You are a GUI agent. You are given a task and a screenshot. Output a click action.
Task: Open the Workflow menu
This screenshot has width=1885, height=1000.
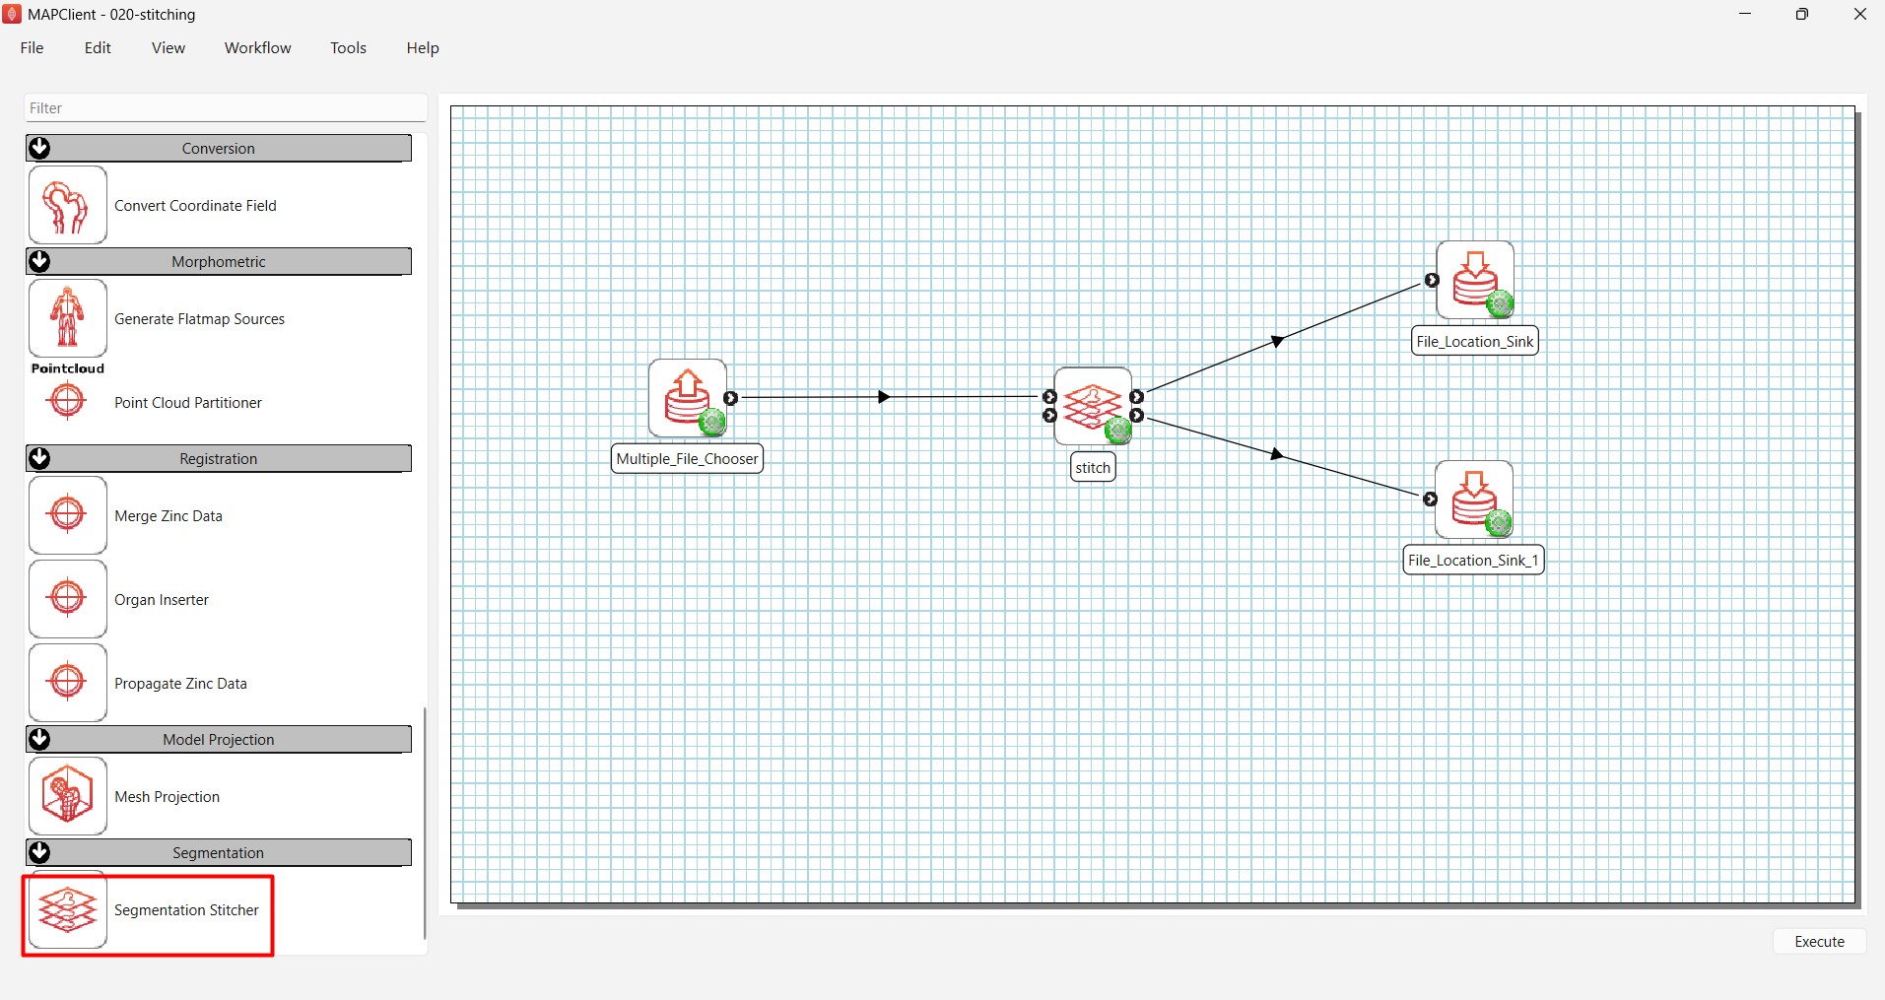pyautogui.click(x=257, y=48)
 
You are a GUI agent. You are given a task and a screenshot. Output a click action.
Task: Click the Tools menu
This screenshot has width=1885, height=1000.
pyautogui.click(x=348, y=48)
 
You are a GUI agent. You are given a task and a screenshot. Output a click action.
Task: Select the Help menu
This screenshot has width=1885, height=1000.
pyautogui.click(x=423, y=48)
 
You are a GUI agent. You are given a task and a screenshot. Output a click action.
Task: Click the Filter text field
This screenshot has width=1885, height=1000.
pyautogui.click(x=225, y=108)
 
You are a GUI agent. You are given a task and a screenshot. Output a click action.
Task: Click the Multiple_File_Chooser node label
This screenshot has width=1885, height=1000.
pyautogui.click(x=687, y=459)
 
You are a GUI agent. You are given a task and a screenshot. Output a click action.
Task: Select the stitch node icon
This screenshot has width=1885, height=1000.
pyautogui.click(x=1093, y=406)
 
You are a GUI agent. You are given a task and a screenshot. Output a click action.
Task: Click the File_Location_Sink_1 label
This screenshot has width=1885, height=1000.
pyautogui.click(x=1473, y=561)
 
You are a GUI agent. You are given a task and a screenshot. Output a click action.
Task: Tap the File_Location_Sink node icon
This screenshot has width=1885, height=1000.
pyautogui.click(x=1475, y=280)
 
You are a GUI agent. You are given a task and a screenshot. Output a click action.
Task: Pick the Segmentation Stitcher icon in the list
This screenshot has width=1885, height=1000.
pyautogui.click(x=67, y=910)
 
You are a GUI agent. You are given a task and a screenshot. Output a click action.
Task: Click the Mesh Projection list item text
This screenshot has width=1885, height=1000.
pyautogui.click(x=167, y=797)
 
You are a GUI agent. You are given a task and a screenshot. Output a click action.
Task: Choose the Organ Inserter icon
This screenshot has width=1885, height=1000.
pyautogui.click(x=67, y=598)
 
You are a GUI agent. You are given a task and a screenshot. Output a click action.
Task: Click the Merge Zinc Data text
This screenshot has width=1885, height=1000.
pyautogui.click(x=168, y=516)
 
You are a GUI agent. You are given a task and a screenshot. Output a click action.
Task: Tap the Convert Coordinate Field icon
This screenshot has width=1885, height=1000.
pyautogui.click(x=67, y=205)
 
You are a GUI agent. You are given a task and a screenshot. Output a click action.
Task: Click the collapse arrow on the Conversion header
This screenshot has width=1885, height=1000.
pyautogui.click(x=39, y=148)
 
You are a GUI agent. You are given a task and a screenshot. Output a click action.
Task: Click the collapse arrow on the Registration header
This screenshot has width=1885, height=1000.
pyautogui.click(x=39, y=458)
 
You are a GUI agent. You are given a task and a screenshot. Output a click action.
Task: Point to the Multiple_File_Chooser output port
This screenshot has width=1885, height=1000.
pyautogui.click(x=730, y=398)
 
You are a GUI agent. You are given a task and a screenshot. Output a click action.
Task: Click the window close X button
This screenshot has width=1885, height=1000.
pyautogui.click(x=1860, y=14)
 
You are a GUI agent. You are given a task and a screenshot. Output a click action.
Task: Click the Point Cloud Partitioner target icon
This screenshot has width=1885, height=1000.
pyautogui.click(x=67, y=400)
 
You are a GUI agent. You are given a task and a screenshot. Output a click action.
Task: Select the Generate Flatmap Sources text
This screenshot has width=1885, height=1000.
pyautogui.click(x=199, y=319)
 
